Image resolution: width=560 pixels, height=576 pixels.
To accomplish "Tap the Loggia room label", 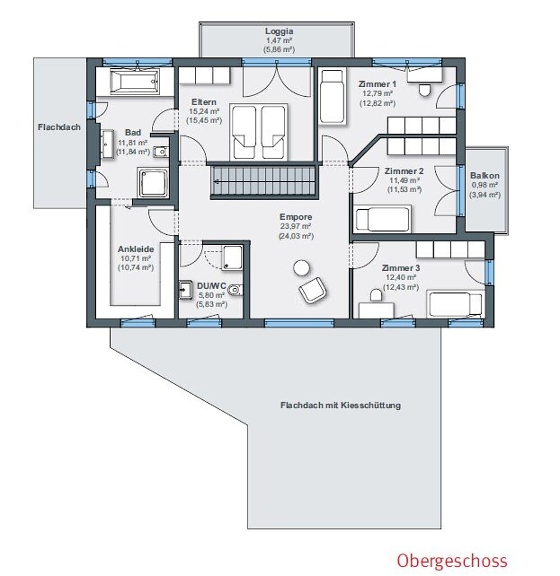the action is [x=279, y=31].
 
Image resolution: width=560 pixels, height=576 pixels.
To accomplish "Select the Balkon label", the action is [x=484, y=176].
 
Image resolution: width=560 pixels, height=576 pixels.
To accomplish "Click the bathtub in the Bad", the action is [x=134, y=81].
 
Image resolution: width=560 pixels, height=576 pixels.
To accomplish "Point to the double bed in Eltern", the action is [x=258, y=132].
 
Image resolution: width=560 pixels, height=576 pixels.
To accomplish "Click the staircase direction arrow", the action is [x=216, y=182].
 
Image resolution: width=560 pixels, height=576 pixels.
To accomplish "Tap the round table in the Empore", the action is [x=302, y=268].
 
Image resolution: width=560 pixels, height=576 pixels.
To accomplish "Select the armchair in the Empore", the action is [x=312, y=290].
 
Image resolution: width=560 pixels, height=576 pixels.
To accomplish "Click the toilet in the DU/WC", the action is [x=235, y=291].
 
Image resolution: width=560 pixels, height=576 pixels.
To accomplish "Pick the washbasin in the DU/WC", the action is [x=185, y=290].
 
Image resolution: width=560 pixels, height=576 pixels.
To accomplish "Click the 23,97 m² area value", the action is [x=296, y=226].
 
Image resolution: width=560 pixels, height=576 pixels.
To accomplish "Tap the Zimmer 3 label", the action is [x=401, y=268].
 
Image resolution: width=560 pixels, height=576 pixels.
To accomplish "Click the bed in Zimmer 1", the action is [x=333, y=96].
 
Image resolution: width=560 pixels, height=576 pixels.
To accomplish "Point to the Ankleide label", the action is [x=136, y=249].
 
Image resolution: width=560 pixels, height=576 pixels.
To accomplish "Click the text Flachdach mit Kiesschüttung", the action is [x=340, y=405].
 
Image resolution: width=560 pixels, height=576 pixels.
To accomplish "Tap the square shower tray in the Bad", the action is [x=153, y=183].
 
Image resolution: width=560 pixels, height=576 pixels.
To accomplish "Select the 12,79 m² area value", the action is [x=377, y=93].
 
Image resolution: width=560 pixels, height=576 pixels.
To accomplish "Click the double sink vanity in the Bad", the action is [x=108, y=144].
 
